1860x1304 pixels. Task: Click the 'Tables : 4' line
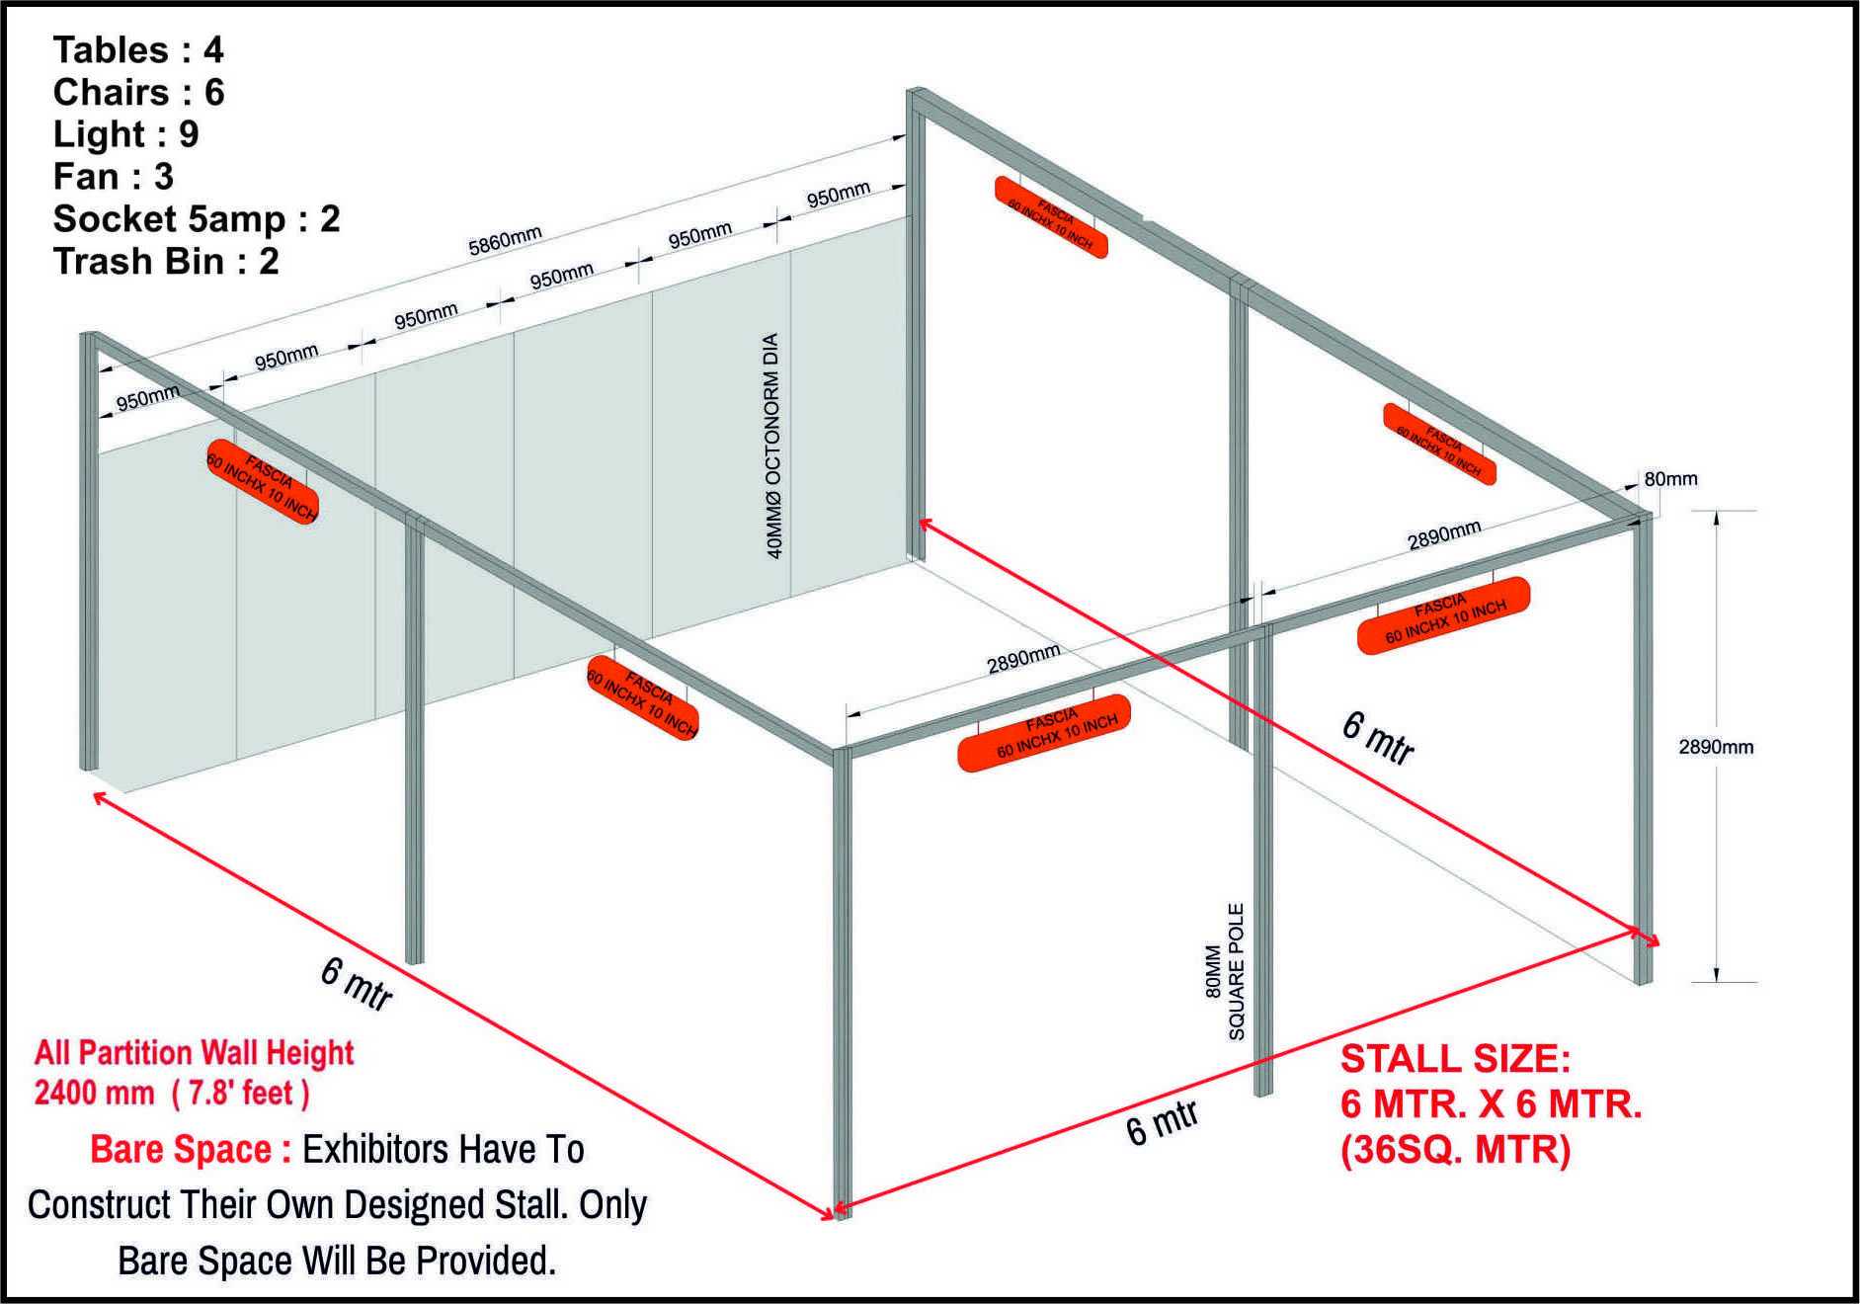click(x=138, y=49)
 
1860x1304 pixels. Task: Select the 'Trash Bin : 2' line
click(x=166, y=262)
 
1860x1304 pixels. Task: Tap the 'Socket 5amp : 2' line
click(x=197, y=219)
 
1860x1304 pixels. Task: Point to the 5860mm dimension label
click(x=505, y=241)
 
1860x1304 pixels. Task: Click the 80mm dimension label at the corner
click(x=1670, y=479)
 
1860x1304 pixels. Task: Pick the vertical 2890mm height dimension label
click(x=1716, y=747)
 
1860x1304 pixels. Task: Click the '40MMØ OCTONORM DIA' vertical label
click(x=774, y=446)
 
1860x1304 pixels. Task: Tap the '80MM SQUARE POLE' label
click(x=1225, y=971)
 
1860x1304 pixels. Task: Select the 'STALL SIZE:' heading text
click(x=1455, y=1059)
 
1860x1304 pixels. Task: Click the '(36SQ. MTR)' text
click(x=1455, y=1150)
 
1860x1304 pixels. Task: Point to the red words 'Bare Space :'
click(x=191, y=1150)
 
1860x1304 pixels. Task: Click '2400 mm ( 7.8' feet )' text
click(x=172, y=1094)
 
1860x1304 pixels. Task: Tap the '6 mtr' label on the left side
click(x=357, y=984)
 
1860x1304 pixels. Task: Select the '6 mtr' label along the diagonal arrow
click(x=1379, y=738)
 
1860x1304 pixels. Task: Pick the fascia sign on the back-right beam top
click(x=1051, y=217)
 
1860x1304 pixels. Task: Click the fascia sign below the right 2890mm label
click(x=1443, y=615)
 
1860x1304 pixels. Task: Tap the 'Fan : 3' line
click(x=114, y=177)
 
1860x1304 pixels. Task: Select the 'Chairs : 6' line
click(x=138, y=92)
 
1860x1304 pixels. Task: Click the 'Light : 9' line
click(x=125, y=134)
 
